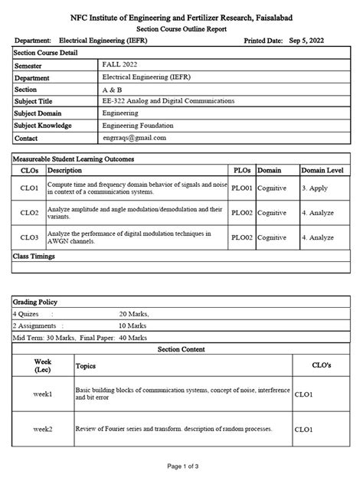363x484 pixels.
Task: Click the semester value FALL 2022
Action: pyautogui.click(x=121, y=66)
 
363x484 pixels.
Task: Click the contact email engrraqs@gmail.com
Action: pyautogui.click(x=134, y=137)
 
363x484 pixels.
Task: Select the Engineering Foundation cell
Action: pyautogui.click(x=138, y=125)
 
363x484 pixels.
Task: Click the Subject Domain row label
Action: pyautogui.click(x=43, y=113)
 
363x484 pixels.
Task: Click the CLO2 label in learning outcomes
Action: pyautogui.click(x=30, y=212)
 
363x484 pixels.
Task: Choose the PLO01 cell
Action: pyautogui.click(x=242, y=187)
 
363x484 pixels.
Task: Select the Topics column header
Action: pyautogui.click(x=85, y=366)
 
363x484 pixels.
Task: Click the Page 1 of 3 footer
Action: pyautogui.click(x=181, y=466)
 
